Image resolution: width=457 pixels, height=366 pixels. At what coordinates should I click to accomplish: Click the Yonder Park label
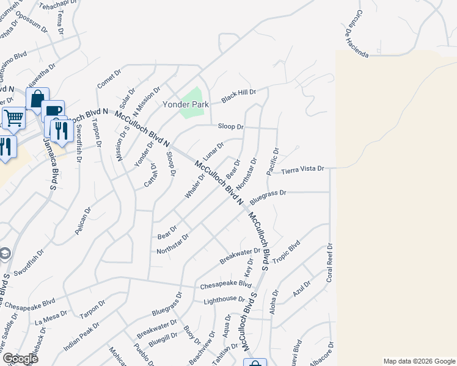click(186, 104)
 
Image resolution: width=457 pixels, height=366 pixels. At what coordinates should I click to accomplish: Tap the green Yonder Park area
click(195, 95)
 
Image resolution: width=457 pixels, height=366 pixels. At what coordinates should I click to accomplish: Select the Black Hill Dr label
click(238, 96)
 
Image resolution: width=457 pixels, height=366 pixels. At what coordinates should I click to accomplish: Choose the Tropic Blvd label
click(286, 253)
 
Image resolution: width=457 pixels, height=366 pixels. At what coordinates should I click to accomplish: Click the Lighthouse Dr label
click(224, 300)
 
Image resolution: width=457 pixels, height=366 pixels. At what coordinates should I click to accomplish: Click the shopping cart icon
click(13, 117)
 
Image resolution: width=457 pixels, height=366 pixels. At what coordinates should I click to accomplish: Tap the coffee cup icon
click(53, 110)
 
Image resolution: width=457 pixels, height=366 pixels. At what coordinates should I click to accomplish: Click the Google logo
click(20, 359)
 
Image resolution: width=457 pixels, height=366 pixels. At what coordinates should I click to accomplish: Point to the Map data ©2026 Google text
click(419, 361)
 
